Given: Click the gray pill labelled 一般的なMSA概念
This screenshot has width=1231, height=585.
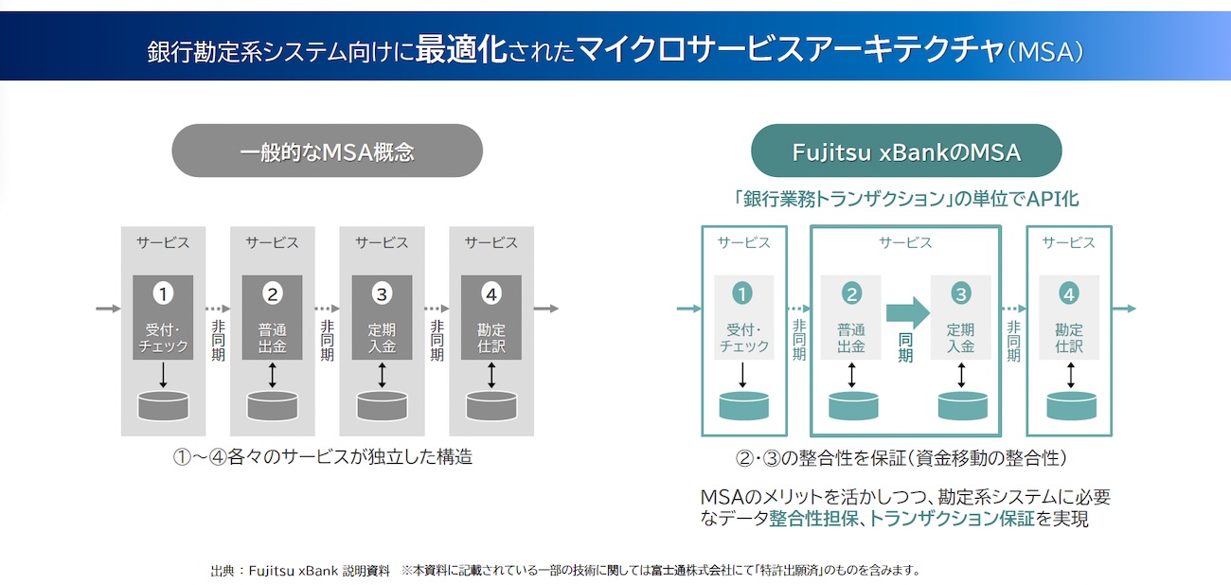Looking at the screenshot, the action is click(x=327, y=151).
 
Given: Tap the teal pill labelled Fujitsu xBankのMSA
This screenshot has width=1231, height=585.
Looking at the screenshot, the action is click(x=906, y=151).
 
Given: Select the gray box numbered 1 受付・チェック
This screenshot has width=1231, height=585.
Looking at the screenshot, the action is click(x=163, y=317).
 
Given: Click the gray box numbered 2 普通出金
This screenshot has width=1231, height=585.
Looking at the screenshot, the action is click(x=272, y=317).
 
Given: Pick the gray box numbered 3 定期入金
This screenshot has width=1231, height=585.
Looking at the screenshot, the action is click(x=382, y=317).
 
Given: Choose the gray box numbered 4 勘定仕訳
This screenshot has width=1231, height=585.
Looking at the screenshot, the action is click(x=491, y=317).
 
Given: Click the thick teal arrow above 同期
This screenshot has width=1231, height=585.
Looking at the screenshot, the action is click(x=908, y=312).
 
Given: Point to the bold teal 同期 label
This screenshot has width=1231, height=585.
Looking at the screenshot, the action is click(x=905, y=347).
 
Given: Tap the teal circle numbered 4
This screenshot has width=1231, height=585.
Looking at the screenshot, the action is click(x=1069, y=293).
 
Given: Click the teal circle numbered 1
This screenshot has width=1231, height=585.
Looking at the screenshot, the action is click(x=742, y=293).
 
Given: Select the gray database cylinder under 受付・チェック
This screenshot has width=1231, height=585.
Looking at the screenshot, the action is click(x=163, y=406).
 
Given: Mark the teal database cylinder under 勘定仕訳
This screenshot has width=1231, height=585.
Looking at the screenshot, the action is click(x=1071, y=406).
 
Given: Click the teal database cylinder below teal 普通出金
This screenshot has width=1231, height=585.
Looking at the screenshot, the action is click(x=853, y=406).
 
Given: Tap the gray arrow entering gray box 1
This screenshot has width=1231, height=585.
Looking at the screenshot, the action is click(x=108, y=309).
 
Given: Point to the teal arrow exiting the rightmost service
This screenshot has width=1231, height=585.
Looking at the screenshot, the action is click(x=1124, y=309).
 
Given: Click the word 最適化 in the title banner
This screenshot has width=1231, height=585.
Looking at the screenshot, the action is click(x=461, y=49).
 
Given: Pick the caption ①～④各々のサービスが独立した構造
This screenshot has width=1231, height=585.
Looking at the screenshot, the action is click(x=323, y=457).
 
